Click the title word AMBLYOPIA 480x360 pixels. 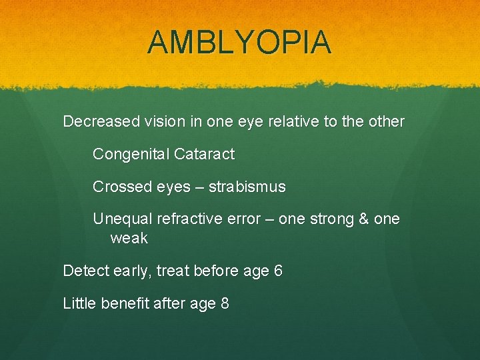pos(239,43)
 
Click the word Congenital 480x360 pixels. pos(131,155)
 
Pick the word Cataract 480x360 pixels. pos(204,155)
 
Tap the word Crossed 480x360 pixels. pos(117,187)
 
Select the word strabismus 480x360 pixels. pos(247,187)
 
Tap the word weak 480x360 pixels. pos(129,238)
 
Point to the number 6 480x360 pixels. pos(278,271)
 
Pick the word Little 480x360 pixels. pos(79,304)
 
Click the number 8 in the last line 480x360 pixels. pos(225,304)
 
